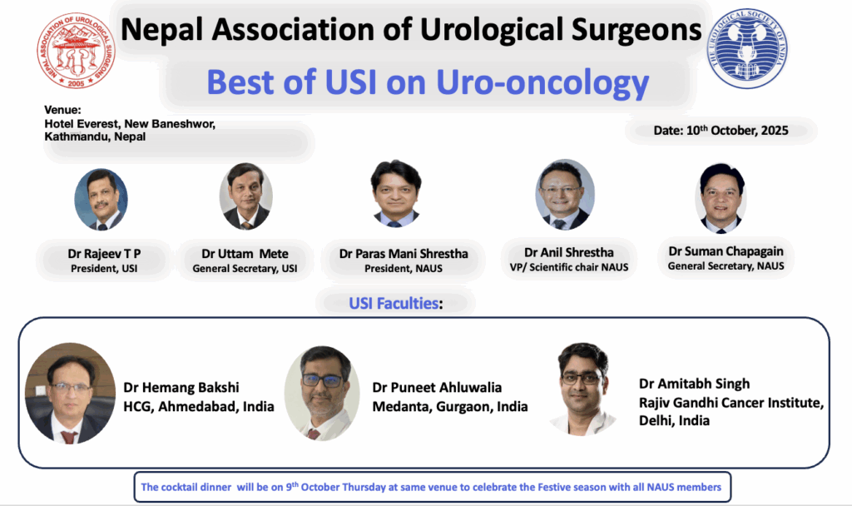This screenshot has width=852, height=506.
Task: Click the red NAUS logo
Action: point(76,50)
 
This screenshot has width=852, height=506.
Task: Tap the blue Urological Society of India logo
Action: point(747,48)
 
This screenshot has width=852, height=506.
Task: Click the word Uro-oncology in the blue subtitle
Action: point(542,82)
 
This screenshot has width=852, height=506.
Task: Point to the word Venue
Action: point(62,110)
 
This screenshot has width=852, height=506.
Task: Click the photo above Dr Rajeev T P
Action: point(101,200)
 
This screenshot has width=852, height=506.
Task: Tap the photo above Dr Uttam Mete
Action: point(246,196)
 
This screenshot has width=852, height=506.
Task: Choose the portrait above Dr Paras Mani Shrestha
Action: point(395,193)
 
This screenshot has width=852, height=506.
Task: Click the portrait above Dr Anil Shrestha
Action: point(565,195)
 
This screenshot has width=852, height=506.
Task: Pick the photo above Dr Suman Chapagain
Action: point(721,198)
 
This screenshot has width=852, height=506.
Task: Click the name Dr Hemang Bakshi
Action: point(181,388)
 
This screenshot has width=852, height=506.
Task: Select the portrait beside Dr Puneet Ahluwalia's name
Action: point(322,393)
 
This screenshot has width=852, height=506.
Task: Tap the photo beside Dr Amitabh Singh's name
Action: point(582,389)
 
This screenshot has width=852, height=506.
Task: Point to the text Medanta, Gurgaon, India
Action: point(450,406)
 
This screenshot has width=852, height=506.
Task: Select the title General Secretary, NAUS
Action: point(726,265)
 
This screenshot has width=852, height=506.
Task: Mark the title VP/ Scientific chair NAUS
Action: point(569,267)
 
